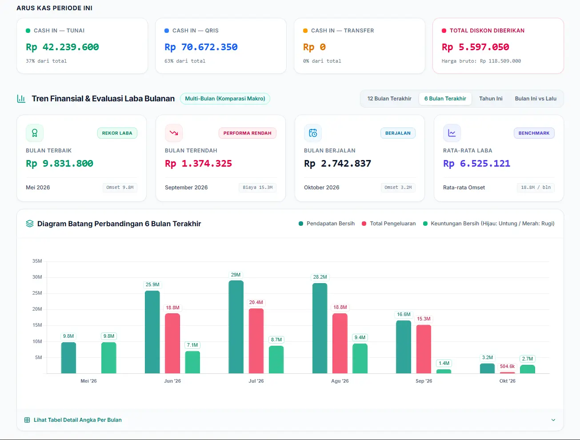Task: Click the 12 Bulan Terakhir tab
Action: click(389, 99)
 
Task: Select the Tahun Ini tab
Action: click(491, 99)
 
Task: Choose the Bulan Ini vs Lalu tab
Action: click(536, 99)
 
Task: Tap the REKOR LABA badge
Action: click(117, 133)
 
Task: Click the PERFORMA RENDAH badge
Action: click(247, 133)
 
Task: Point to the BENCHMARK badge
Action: click(534, 133)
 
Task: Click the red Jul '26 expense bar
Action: click(256, 341)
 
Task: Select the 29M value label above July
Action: click(236, 275)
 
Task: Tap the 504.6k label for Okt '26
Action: click(507, 366)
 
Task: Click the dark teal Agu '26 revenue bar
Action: click(320, 328)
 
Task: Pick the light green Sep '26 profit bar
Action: click(444, 371)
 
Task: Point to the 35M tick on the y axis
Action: click(37, 261)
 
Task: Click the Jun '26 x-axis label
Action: click(172, 381)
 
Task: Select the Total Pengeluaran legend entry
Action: click(389, 224)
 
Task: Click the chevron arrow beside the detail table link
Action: click(553, 420)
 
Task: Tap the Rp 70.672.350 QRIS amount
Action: click(201, 47)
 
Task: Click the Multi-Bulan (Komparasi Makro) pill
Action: click(225, 99)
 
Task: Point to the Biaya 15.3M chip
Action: click(257, 188)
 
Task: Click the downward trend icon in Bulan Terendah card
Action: click(174, 133)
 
